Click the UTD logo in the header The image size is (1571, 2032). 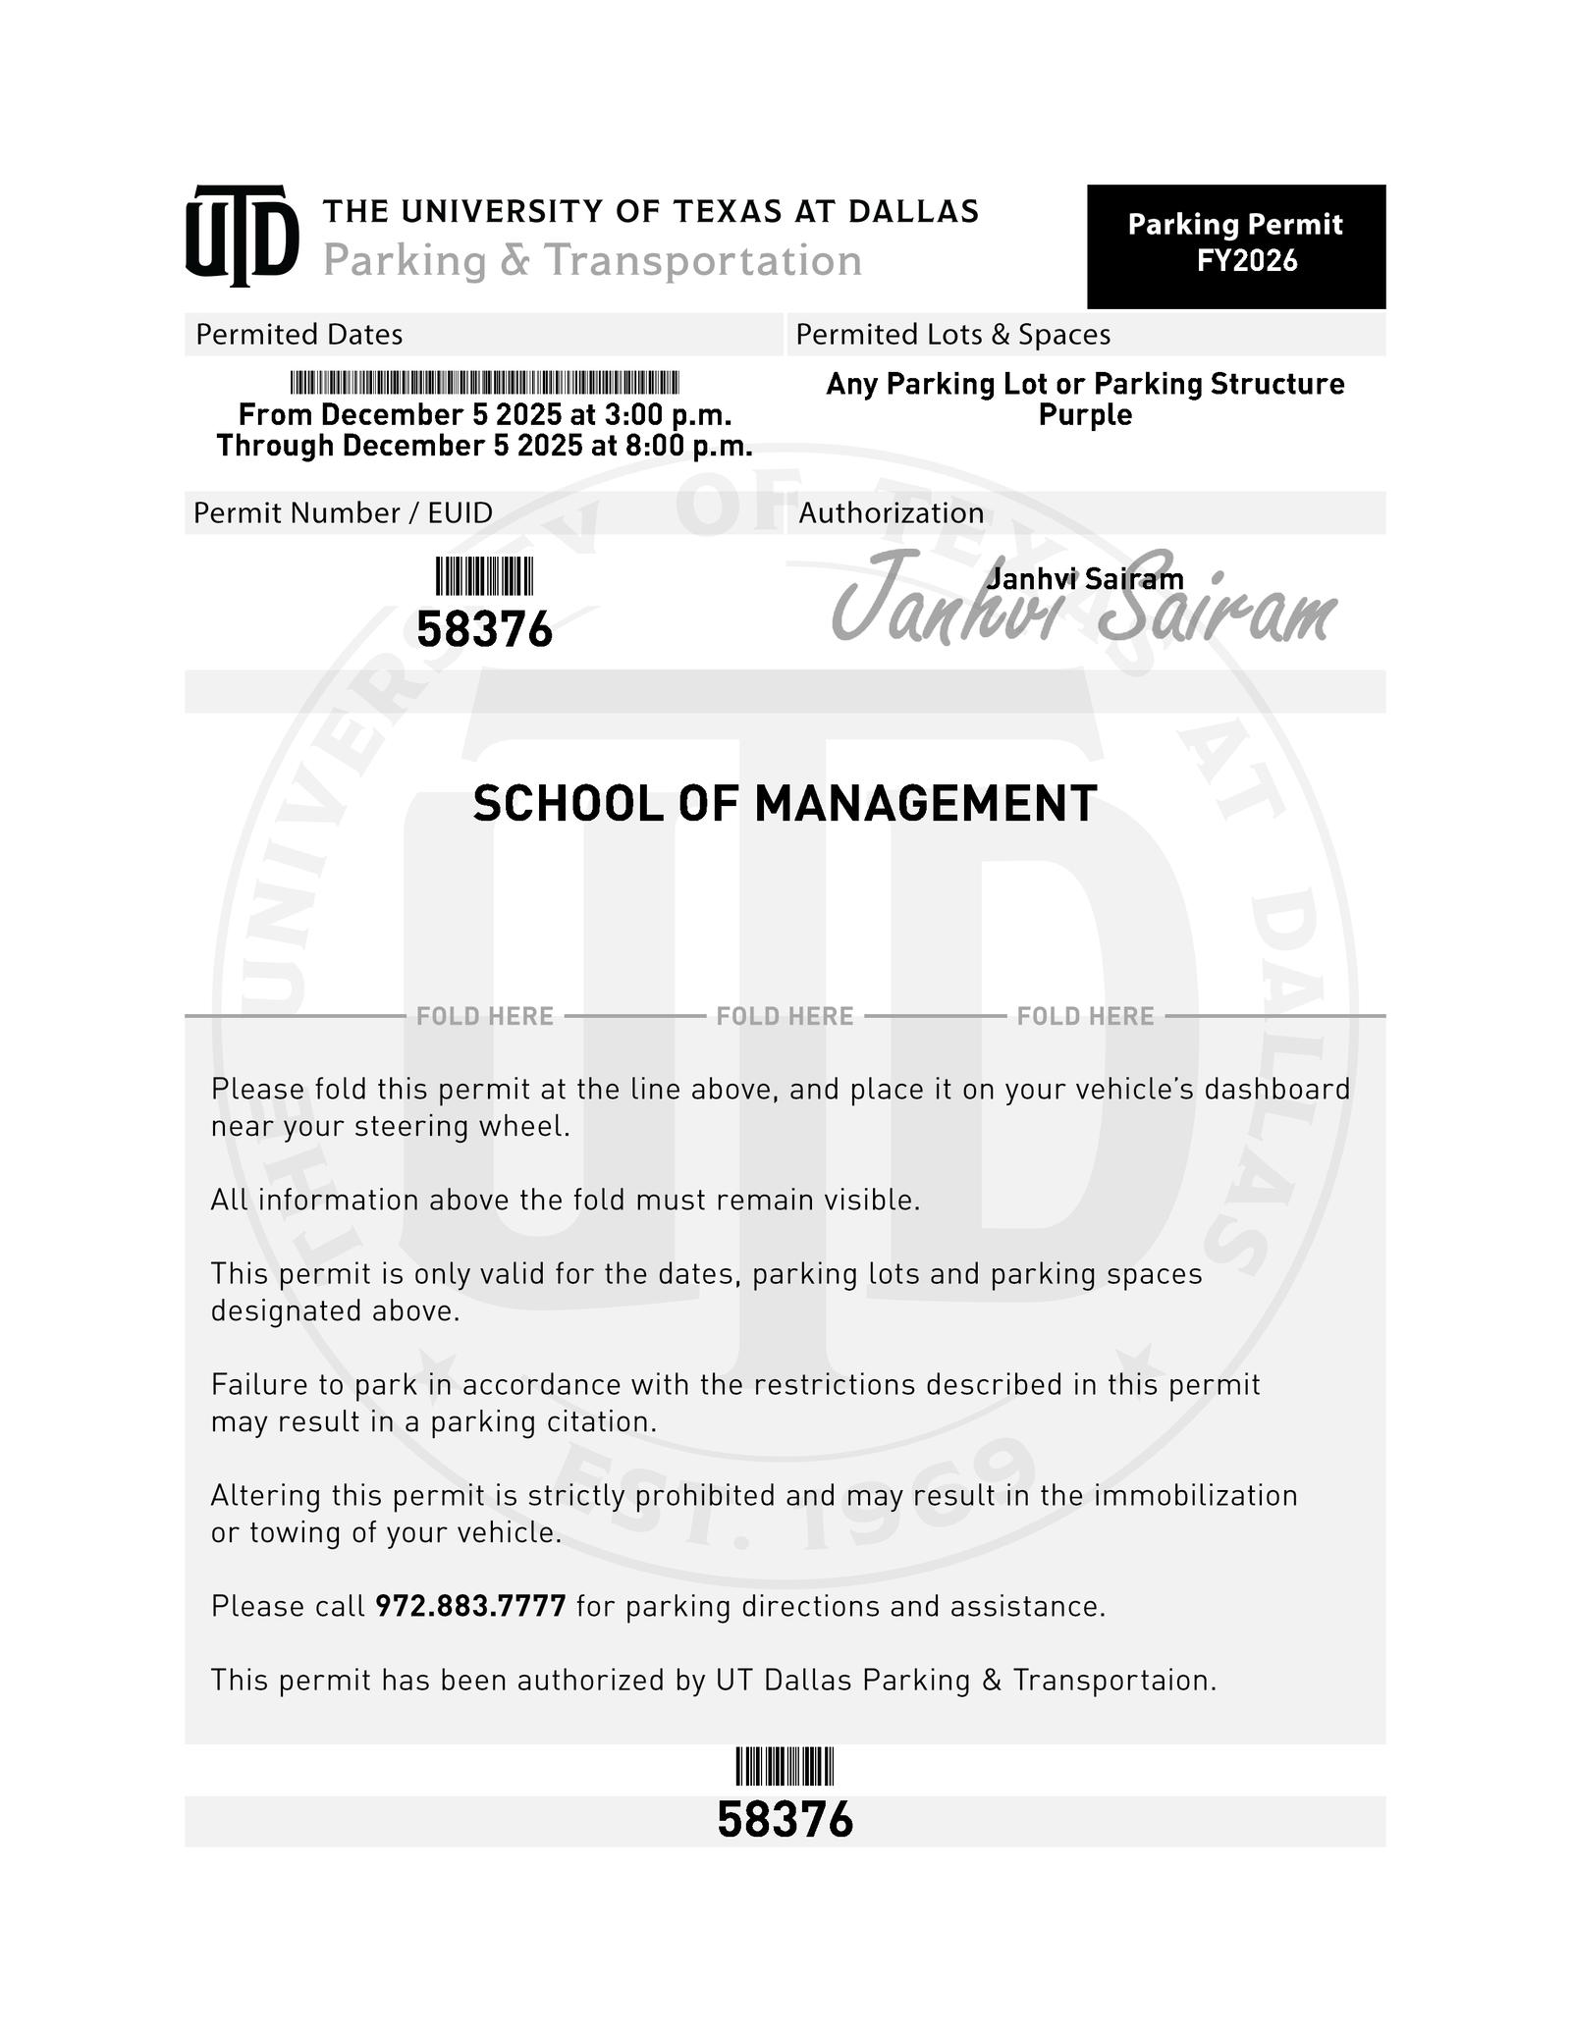pos(242,236)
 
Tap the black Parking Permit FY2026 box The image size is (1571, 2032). pos(1235,245)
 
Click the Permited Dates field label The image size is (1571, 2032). pos(298,335)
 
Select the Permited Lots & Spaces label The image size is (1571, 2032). pos(952,335)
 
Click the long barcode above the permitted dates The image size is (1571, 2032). pos(484,383)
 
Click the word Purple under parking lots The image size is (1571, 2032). pos(1085,415)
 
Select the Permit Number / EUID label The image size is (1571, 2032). pos(343,513)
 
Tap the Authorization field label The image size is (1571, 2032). pos(891,513)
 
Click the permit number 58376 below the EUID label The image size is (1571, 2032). pos(484,630)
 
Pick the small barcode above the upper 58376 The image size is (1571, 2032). pos(484,576)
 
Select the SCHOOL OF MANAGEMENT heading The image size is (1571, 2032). pos(785,804)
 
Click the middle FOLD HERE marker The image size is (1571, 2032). pos(785,1016)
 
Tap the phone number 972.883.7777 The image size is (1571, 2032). pos(470,1607)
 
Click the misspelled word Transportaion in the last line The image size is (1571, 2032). pos(1114,1681)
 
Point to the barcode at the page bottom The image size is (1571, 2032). pos(785,1767)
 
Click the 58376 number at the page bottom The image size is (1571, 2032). pos(785,1820)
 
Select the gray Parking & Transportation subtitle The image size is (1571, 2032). pos(592,261)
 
